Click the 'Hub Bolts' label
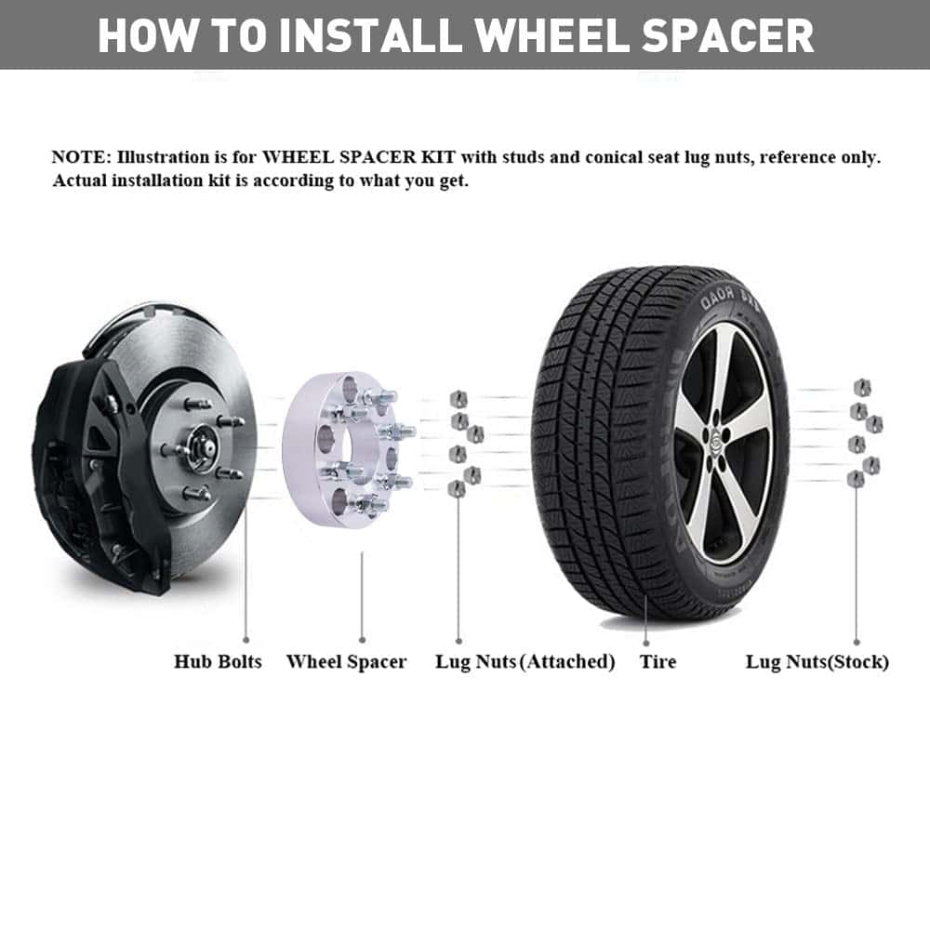click(x=218, y=661)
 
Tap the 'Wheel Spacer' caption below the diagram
click(x=346, y=662)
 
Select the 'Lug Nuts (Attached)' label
click(x=525, y=662)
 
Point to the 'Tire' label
click(x=658, y=661)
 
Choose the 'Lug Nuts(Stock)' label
click(x=817, y=662)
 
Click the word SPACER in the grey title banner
click(x=727, y=35)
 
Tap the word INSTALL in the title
click(x=370, y=35)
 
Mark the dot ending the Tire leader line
click(x=646, y=643)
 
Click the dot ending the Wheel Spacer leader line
click(x=362, y=640)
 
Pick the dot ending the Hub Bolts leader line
click(x=246, y=640)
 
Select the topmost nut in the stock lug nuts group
click(x=862, y=388)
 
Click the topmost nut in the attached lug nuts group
click(x=458, y=398)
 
